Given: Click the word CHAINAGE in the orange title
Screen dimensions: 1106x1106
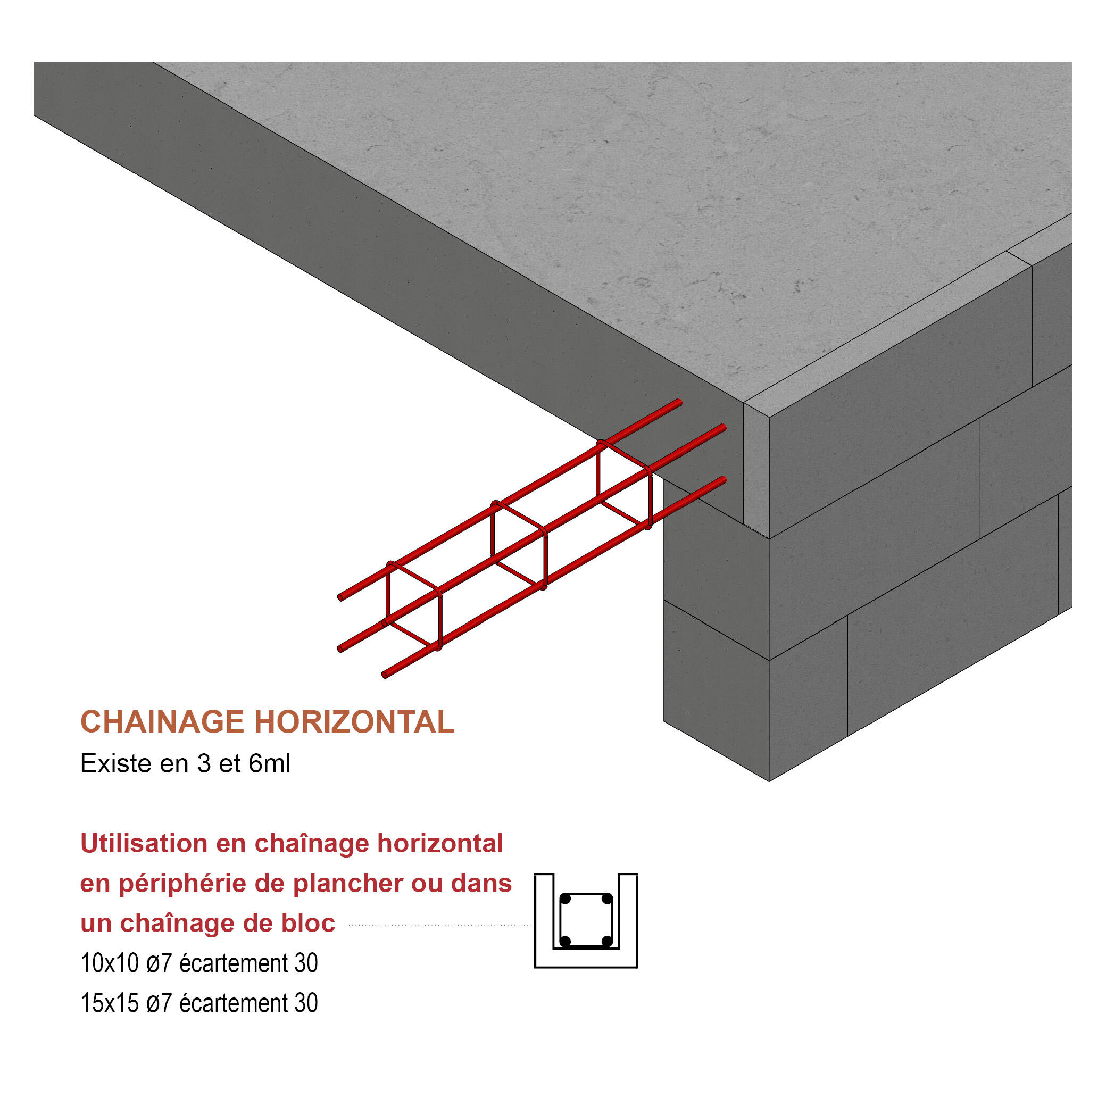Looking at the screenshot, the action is [162, 722].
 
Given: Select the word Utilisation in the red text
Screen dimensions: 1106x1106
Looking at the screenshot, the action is [144, 843].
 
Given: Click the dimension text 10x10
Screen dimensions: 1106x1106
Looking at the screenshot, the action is [110, 963].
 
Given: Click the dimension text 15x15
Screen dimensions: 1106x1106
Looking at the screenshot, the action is [110, 1003].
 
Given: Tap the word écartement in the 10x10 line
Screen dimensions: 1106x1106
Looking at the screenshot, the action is [234, 963].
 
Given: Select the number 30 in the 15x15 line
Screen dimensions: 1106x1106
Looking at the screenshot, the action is [306, 1003].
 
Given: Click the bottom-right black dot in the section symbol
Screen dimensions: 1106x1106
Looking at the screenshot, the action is [607, 941].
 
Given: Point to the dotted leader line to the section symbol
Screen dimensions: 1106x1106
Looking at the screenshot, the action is [438, 924].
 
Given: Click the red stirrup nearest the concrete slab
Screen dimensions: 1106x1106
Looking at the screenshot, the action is [624, 484].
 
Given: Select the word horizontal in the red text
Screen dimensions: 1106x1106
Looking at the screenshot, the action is [439, 843].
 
